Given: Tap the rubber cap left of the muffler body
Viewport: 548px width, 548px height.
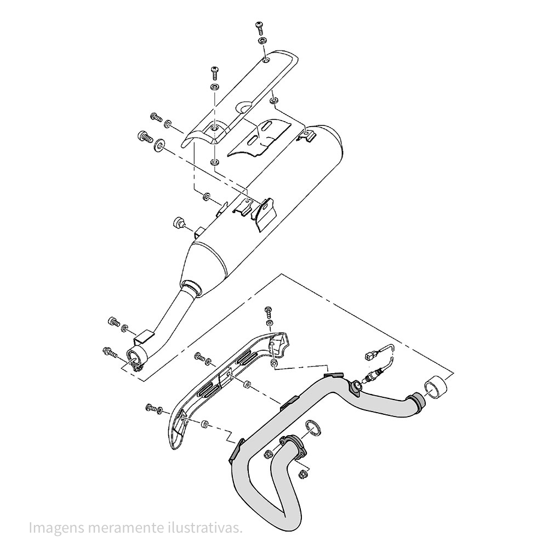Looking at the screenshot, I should [178, 222].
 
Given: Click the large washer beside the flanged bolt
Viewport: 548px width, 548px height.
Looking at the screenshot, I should [160, 144].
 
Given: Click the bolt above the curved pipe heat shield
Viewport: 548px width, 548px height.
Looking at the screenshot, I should [268, 311].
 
